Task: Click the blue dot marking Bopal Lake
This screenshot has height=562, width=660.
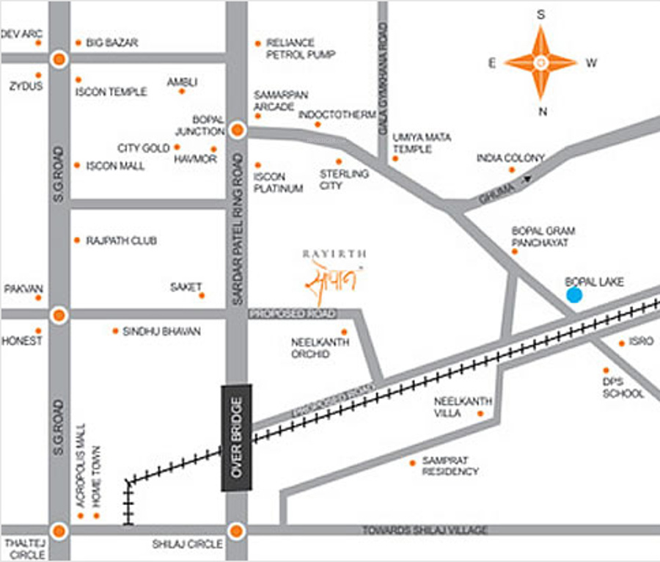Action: coord(574,295)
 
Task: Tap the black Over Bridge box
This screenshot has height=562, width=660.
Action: coord(236,437)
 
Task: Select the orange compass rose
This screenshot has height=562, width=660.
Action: coord(540,62)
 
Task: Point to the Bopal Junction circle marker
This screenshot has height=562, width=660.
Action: coord(237,131)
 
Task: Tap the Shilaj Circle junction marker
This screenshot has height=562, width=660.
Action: coord(235,530)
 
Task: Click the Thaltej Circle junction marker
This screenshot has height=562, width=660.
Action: coord(59,530)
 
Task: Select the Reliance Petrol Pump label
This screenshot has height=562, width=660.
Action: coord(301,49)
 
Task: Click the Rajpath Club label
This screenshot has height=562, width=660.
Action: coord(121,241)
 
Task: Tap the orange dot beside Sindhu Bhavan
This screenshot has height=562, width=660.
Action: coord(115,331)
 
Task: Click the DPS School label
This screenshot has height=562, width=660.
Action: coord(623,388)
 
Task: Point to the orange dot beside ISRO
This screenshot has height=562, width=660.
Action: coord(622,343)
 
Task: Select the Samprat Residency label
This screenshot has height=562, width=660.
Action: coord(450,467)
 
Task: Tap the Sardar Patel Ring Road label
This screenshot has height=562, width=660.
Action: coord(236,219)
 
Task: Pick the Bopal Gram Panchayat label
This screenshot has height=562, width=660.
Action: coord(543,236)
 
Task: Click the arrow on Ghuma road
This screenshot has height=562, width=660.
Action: coord(527,178)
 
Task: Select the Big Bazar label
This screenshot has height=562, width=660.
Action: coord(111,43)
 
